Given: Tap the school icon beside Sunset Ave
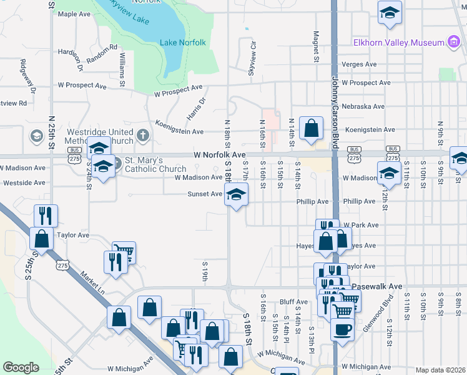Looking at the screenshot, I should click(236, 196).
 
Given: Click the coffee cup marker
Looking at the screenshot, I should click(342, 329).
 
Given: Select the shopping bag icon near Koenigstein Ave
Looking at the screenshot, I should click(311, 129).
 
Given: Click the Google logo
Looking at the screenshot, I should click(21, 367).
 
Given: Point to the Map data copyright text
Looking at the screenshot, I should click(441, 370).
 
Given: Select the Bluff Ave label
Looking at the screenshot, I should click(290, 301).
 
